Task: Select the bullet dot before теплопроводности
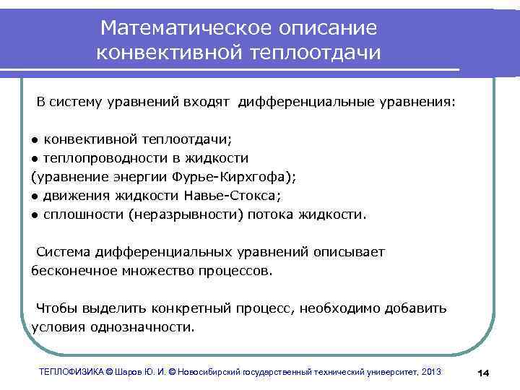coord(35,158)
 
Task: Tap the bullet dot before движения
coord(35,196)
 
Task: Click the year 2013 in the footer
coord(429,371)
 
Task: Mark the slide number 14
coord(484,372)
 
